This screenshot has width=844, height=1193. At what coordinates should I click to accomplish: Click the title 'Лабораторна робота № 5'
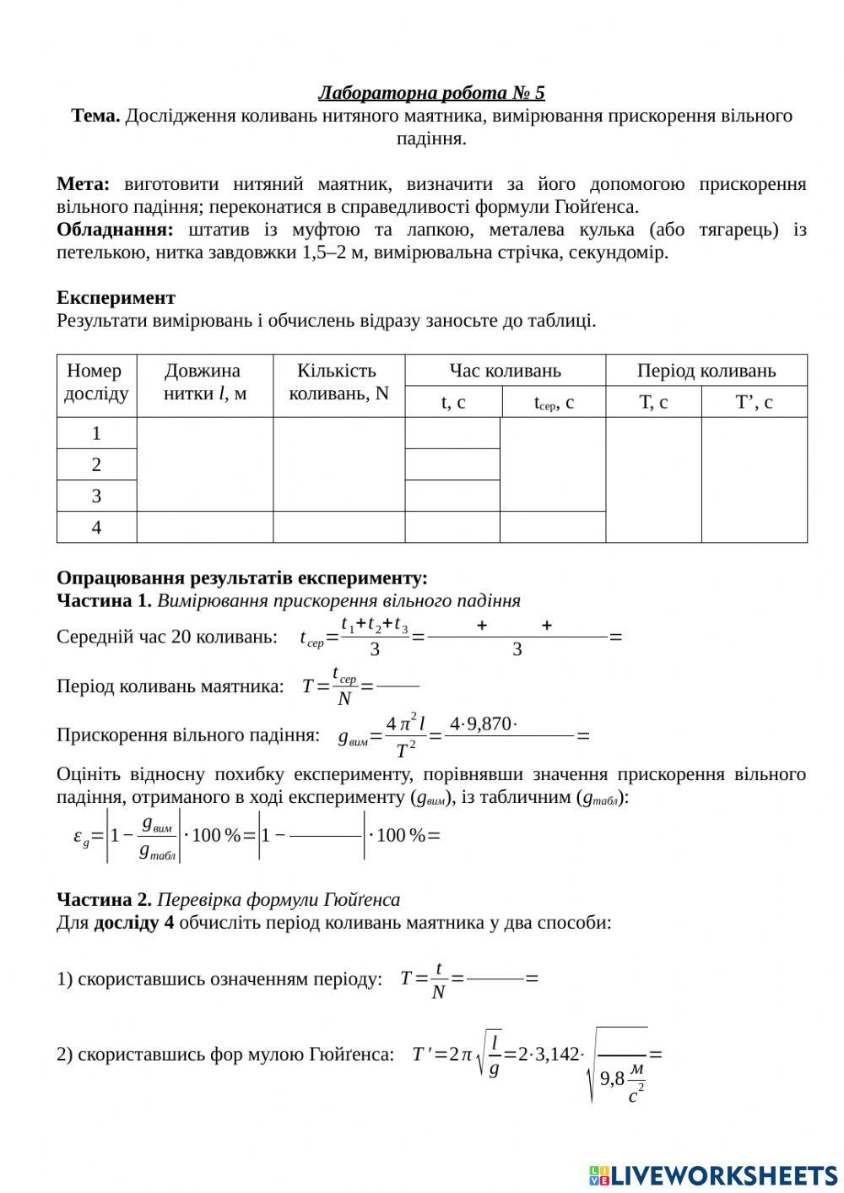coord(431,93)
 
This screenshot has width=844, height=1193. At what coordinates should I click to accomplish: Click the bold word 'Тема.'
coord(95,116)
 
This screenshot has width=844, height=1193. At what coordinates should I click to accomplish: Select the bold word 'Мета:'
coord(83,184)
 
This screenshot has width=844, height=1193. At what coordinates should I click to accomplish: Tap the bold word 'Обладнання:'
coord(115,230)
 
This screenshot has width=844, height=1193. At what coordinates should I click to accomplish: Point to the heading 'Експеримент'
coord(116,297)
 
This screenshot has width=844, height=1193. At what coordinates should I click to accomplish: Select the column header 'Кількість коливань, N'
coord(338,382)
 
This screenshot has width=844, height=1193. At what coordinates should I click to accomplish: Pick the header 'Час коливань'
coord(505,371)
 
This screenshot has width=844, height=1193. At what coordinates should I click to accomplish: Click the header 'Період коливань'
coord(706,371)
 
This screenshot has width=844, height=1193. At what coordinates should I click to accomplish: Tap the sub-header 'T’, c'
coord(754,403)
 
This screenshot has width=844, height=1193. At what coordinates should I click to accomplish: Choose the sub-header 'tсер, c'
coord(554,403)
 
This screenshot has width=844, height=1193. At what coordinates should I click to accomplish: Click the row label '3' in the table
coord(96,496)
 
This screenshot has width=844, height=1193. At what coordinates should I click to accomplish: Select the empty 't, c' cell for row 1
coord(452,433)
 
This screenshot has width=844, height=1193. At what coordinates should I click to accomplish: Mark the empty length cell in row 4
coord(204,528)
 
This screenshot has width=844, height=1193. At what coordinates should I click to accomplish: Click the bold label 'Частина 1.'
coord(104,600)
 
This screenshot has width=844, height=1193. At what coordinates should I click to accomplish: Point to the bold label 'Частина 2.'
coord(104,899)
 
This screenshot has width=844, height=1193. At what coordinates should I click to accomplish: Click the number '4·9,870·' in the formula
coord(483,724)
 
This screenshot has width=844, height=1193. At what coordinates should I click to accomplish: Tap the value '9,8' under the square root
coord(612,1078)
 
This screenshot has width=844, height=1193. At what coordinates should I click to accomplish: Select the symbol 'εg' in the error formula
coord(81,838)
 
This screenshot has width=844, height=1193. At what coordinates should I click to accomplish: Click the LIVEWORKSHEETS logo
coord(713,1174)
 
